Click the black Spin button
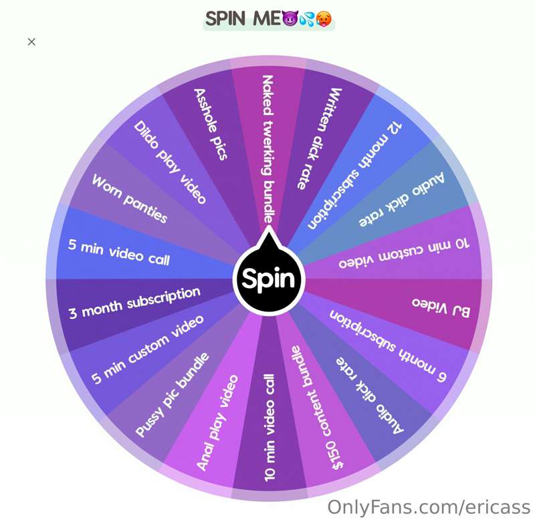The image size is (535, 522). [268, 279]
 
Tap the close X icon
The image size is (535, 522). [31, 41]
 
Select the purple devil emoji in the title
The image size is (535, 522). [290, 18]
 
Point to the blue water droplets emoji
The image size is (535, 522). [307, 18]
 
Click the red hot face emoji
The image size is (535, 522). [324, 18]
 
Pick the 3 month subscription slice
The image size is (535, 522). [134, 303]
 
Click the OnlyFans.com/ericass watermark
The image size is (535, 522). [427, 506]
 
